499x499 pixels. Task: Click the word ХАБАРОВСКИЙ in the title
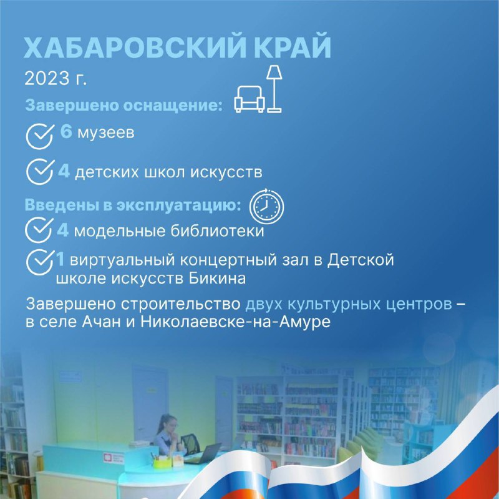click(x=135, y=48)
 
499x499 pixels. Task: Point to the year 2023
click(x=47, y=79)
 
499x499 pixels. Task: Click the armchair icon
click(x=249, y=99)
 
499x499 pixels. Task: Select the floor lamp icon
click(x=274, y=89)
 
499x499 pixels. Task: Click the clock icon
click(x=266, y=206)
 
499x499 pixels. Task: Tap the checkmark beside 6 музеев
click(x=39, y=136)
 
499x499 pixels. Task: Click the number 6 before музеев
click(x=66, y=132)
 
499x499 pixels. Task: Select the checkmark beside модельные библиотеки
click(x=39, y=230)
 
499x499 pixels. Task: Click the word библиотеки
click(x=217, y=230)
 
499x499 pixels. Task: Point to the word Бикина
click(x=217, y=279)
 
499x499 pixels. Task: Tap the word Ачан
click(x=101, y=322)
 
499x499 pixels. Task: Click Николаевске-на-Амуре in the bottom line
click(x=235, y=322)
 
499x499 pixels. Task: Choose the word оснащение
click(x=173, y=105)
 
